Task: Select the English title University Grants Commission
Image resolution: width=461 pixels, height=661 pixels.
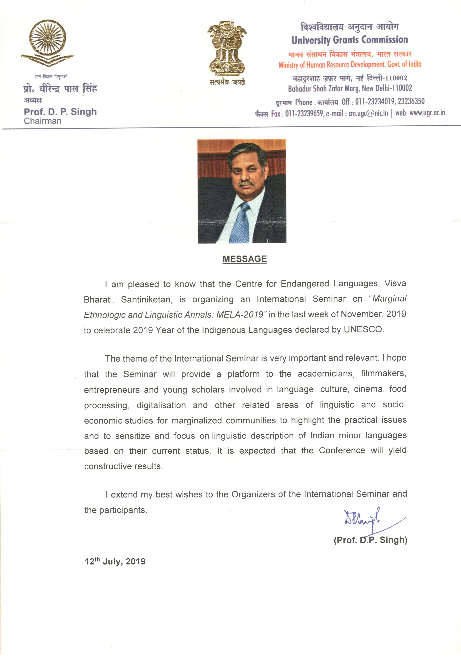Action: [x=350, y=40]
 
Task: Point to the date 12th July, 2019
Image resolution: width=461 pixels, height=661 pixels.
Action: [x=115, y=561]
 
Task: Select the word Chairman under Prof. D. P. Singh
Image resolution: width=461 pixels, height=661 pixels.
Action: [x=43, y=121]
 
